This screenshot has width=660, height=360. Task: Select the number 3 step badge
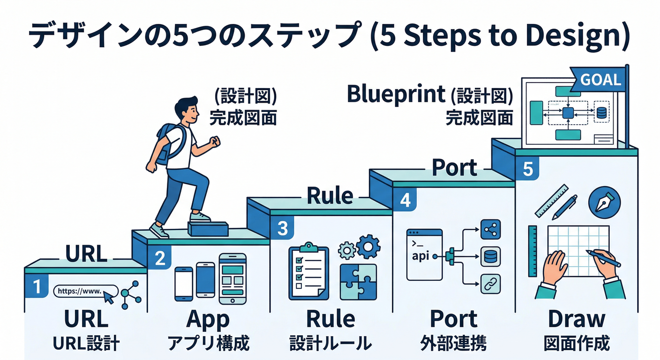click(282, 228)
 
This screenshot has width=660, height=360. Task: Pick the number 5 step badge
click(527, 169)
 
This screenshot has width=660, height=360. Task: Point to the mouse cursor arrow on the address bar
click(109, 296)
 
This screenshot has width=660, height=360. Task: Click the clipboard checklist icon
click(308, 271)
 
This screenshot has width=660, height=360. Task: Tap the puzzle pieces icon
click(358, 281)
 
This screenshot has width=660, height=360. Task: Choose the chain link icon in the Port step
click(491, 283)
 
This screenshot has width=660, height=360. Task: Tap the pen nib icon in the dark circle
click(604, 202)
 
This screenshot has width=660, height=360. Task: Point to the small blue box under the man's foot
click(208, 229)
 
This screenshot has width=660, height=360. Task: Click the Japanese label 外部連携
click(453, 344)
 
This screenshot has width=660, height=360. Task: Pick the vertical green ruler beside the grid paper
click(532, 250)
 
